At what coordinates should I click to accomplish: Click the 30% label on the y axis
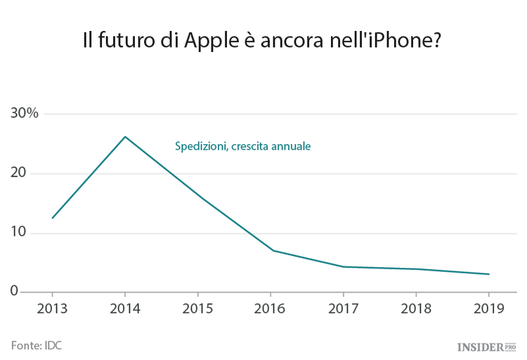coord(24,114)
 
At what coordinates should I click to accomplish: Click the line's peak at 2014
coord(125,136)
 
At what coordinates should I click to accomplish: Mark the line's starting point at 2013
coord(52,218)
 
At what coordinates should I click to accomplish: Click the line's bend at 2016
coord(273,250)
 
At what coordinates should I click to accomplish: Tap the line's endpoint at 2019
coord(489,274)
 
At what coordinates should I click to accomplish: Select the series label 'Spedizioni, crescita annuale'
coord(242,146)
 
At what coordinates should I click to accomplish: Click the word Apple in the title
coord(209,41)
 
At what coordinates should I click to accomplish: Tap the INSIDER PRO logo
coord(486,347)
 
